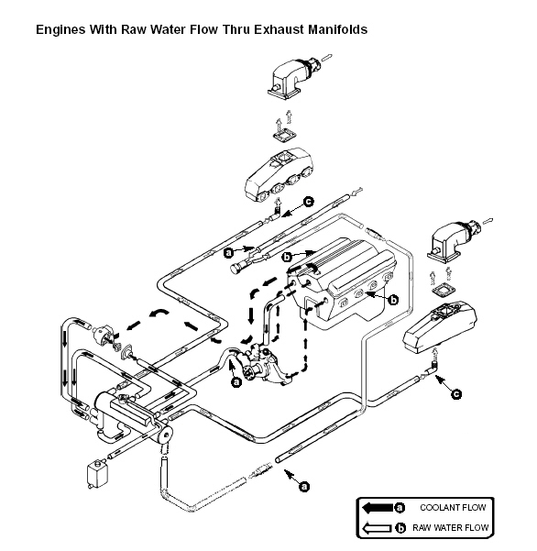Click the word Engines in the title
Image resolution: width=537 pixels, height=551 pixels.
60,30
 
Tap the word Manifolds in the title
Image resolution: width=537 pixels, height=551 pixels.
337,29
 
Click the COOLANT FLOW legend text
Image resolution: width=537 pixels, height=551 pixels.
453,507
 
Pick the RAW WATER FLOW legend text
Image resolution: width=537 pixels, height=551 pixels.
450,527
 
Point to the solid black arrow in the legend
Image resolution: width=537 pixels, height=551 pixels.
378,508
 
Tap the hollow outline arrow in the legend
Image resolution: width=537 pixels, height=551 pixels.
377,528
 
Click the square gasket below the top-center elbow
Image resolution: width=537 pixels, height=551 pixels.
284,135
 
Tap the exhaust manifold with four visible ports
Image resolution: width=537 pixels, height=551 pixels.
279,174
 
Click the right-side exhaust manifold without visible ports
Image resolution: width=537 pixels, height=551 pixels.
440,326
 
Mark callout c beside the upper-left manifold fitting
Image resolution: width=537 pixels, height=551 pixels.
308,202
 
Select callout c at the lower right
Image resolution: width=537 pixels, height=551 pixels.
455,394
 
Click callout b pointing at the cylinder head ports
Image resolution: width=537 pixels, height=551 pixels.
394,300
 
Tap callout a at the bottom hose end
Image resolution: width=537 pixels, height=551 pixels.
304,486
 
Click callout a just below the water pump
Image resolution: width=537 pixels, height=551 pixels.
237,381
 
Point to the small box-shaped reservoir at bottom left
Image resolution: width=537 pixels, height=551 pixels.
98,474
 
